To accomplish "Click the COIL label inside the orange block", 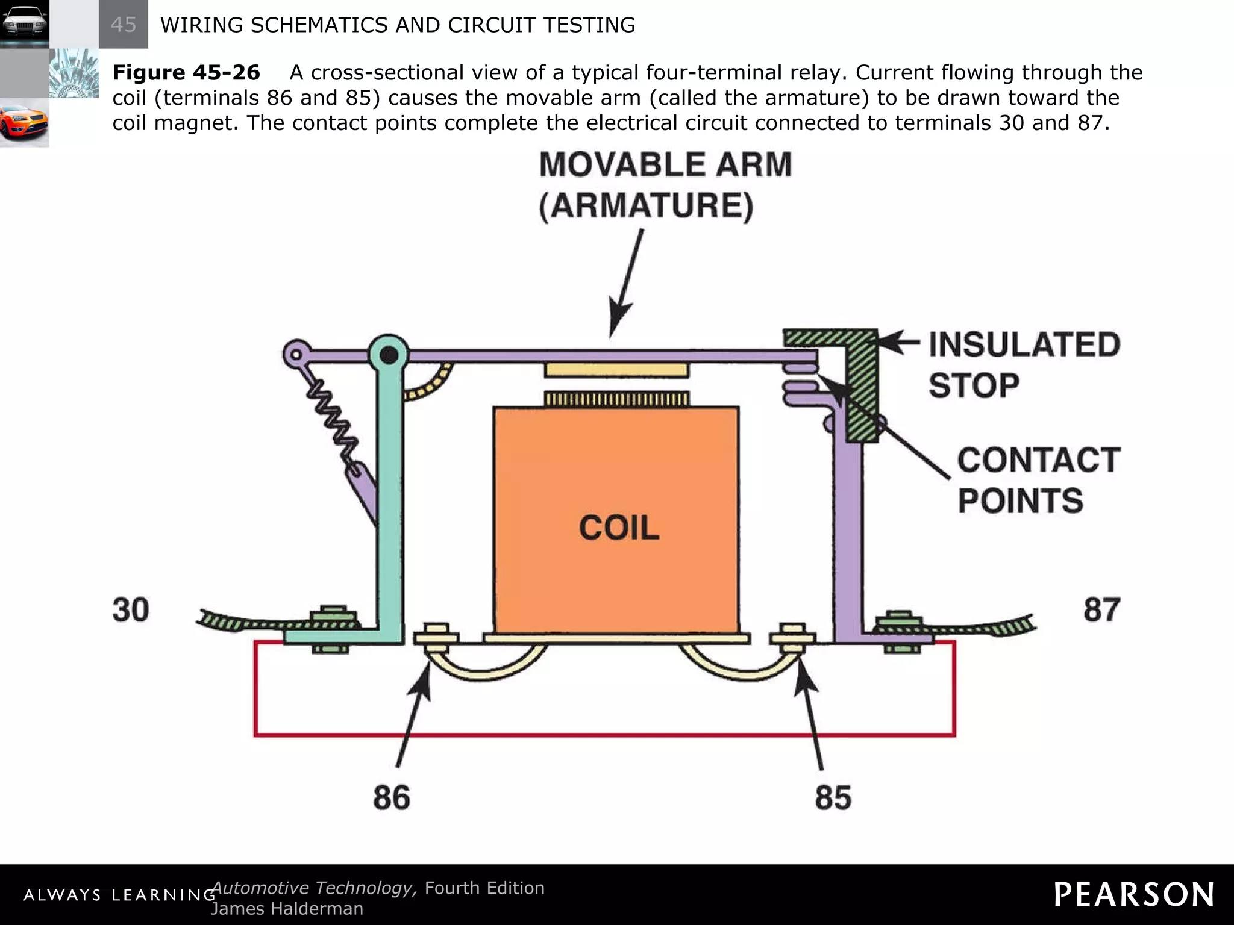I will pos(619,528).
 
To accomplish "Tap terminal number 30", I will pos(131,609).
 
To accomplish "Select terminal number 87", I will pos(1102,609).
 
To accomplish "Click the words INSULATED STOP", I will pos(1024,365).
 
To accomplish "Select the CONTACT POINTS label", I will pos(1038,480).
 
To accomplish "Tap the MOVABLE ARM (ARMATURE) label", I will pos(665,185).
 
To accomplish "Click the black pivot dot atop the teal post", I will pos(389,355).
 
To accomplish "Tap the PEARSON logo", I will pos(1133,894).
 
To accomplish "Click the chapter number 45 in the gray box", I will pos(124,25).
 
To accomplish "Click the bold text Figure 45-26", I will pos(186,73).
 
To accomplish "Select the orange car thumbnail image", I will pos(24,123).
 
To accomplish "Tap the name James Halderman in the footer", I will pos(287,908).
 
